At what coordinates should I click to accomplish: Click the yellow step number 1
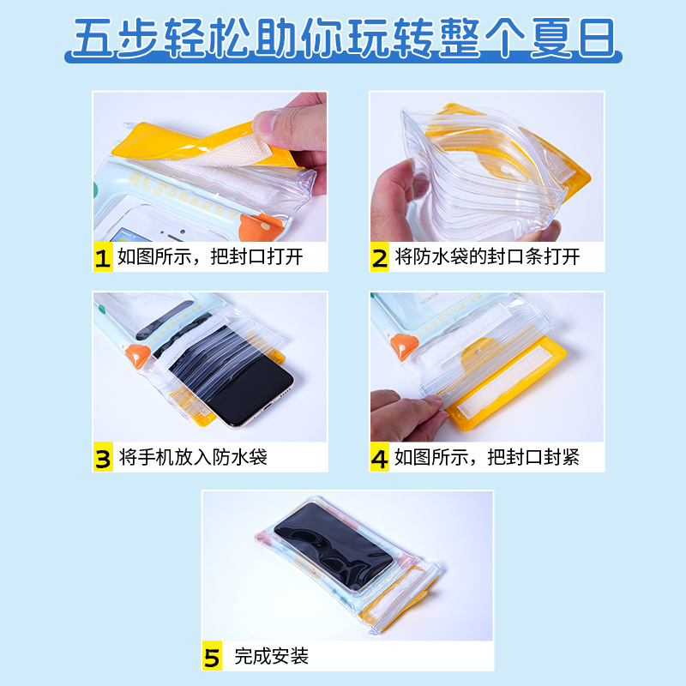(x=103, y=257)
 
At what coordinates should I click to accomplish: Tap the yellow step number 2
(x=380, y=257)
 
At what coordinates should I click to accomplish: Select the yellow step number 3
(x=103, y=457)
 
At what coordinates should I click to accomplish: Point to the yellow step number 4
(x=380, y=457)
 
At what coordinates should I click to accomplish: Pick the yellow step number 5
(x=212, y=658)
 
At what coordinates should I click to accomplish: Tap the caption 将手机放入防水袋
(x=193, y=457)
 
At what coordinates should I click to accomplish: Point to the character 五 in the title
(x=93, y=39)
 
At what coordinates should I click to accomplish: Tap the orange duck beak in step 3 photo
(x=135, y=355)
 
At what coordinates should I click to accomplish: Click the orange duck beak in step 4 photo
(x=400, y=346)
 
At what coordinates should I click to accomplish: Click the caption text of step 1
(x=210, y=257)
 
